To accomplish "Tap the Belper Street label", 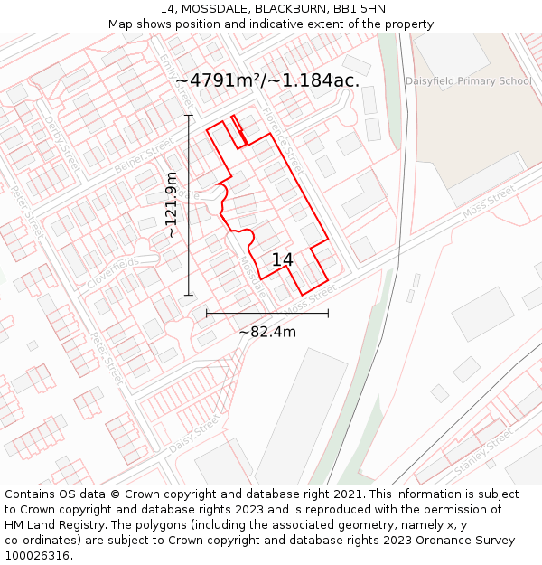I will point(144,156).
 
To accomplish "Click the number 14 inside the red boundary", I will point(282,259).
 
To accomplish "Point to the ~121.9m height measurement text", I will point(172,205).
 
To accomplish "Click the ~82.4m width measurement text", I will point(267,332).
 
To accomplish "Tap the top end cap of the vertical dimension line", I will point(189,115).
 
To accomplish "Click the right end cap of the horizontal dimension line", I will point(328,313).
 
